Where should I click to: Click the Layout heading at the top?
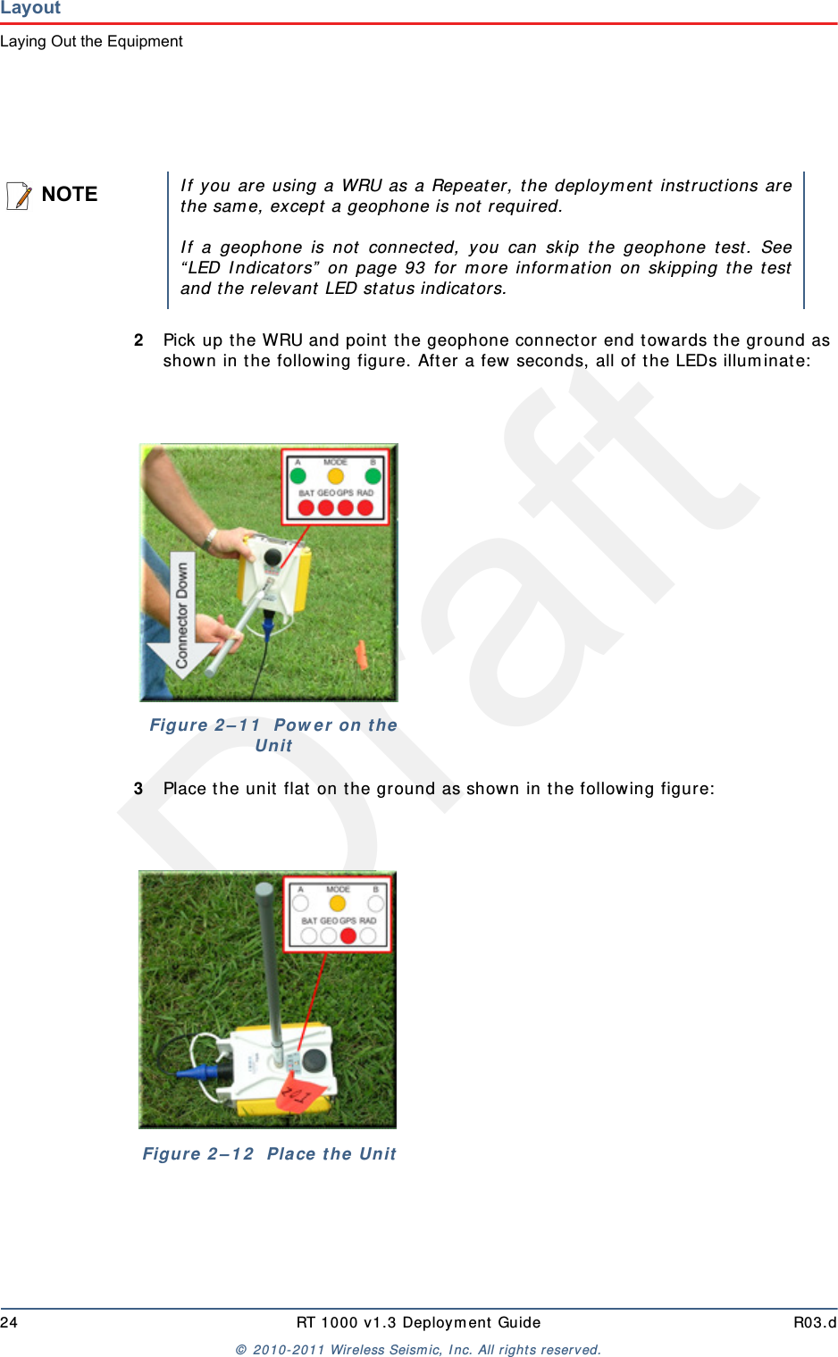[x=30, y=8]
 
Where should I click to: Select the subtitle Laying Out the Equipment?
[x=91, y=41]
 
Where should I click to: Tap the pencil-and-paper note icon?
[x=19, y=195]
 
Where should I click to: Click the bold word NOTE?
[x=70, y=195]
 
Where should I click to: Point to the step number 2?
[x=138, y=340]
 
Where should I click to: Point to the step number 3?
[x=138, y=789]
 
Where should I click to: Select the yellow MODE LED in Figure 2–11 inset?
[x=335, y=476]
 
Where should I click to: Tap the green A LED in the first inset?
[x=298, y=476]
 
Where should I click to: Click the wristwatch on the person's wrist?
[x=209, y=539]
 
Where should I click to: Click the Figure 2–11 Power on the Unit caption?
[x=273, y=735]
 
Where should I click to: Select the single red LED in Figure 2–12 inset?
[x=348, y=935]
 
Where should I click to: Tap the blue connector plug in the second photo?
[x=198, y=1071]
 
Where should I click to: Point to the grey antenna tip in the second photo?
[x=264, y=892]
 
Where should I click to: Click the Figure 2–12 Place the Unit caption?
[x=269, y=1154]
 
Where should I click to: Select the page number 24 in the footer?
[x=9, y=1322]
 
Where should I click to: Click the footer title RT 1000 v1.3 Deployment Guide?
[x=418, y=1322]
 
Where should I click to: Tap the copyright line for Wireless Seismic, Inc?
[x=418, y=1350]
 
